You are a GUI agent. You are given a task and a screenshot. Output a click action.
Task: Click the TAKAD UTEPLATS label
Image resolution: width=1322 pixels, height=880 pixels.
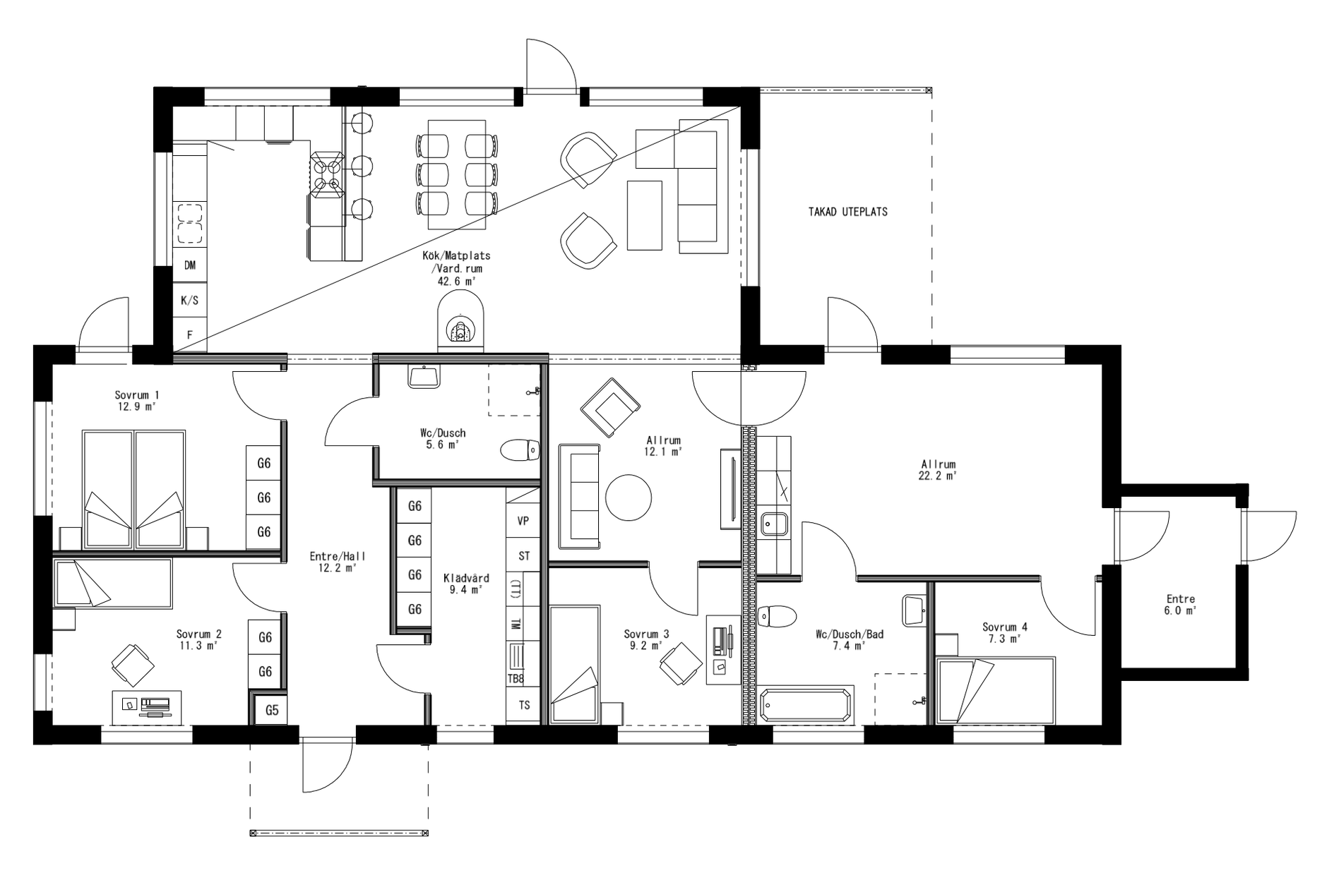pyautogui.click(x=847, y=212)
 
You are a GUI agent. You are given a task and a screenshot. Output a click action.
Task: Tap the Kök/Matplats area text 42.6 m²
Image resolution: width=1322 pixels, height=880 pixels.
pyautogui.click(x=456, y=281)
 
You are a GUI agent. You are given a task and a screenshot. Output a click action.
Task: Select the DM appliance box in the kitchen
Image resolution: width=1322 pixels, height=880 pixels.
pyautogui.click(x=190, y=265)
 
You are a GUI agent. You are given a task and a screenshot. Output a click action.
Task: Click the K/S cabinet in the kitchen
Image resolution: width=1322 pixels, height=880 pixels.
pyautogui.click(x=190, y=301)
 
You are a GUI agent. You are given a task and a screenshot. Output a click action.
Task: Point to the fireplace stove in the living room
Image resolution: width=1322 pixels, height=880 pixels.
pyautogui.click(x=460, y=329)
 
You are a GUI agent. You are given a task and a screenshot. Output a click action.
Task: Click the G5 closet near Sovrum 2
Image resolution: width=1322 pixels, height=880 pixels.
pyautogui.click(x=272, y=711)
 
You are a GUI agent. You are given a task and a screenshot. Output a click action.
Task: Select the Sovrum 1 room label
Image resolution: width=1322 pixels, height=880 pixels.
pyautogui.click(x=136, y=395)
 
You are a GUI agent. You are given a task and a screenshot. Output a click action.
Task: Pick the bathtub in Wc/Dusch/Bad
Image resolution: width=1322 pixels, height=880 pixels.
pyautogui.click(x=808, y=704)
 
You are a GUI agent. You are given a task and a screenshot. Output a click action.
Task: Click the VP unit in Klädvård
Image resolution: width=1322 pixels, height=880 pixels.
pyautogui.click(x=523, y=522)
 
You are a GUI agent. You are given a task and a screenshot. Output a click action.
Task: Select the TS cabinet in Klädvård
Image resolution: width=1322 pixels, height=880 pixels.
pyautogui.click(x=524, y=705)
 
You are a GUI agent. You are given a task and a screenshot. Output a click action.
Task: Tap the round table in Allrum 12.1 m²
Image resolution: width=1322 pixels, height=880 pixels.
pyautogui.click(x=629, y=498)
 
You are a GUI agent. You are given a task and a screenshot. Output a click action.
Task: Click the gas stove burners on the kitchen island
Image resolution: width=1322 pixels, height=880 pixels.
pyautogui.click(x=328, y=176)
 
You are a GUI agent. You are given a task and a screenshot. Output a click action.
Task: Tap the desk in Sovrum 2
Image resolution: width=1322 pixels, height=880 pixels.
pyautogui.click(x=147, y=707)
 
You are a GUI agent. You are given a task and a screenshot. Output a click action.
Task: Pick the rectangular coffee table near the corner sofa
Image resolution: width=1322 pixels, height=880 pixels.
pyautogui.click(x=644, y=215)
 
